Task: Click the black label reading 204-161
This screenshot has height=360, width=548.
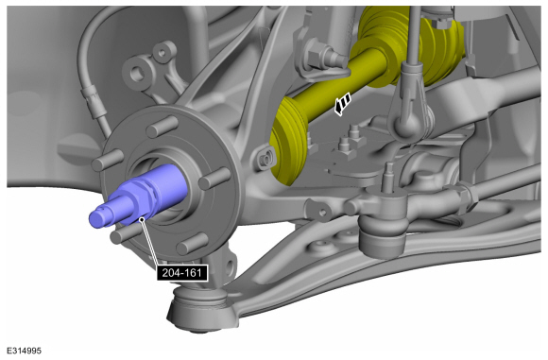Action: coord(182,273)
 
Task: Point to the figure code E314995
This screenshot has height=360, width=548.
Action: coord(25,351)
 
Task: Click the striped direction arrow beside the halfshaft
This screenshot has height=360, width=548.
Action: coord(342,104)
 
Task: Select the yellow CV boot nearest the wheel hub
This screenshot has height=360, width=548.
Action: coord(288,141)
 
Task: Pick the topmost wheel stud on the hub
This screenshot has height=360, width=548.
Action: coord(163,127)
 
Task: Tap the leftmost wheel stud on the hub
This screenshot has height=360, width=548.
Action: coord(108,160)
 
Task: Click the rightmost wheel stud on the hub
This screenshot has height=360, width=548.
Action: coord(214,179)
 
